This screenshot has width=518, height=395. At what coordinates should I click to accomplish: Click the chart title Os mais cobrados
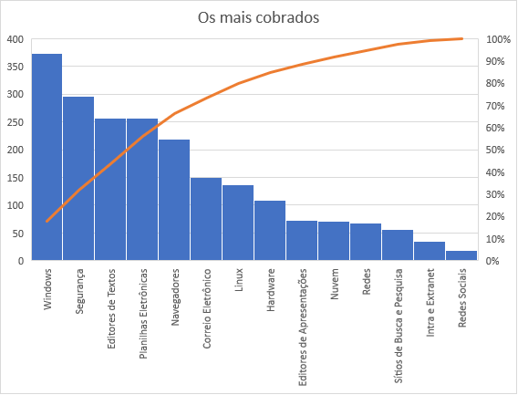[x=258, y=16]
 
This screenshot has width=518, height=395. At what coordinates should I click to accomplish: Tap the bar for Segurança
[x=78, y=179]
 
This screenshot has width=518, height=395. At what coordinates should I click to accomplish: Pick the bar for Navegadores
[x=174, y=200]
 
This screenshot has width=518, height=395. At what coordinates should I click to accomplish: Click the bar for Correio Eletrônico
[x=206, y=219]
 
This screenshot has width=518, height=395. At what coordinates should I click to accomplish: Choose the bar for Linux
[x=238, y=223]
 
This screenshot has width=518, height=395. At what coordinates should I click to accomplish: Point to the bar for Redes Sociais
[x=461, y=255]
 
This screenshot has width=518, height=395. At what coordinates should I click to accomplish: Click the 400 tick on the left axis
[x=15, y=39]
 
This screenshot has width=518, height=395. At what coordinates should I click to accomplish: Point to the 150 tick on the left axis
[x=15, y=178]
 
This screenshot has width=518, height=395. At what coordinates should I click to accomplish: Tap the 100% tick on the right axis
[x=498, y=39]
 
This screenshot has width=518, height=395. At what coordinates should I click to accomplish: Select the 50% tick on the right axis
[x=498, y=151]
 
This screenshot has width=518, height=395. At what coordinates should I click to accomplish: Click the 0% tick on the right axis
[x=498, y=261]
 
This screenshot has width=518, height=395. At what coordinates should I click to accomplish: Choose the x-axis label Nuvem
[x=335, y=284]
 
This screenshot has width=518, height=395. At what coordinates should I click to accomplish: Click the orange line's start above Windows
[x=47, y=221]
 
